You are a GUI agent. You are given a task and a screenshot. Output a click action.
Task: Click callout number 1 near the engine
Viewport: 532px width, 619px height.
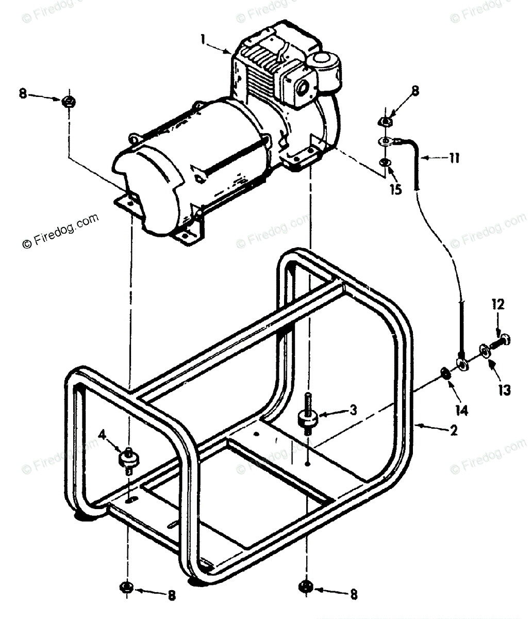[204, 39]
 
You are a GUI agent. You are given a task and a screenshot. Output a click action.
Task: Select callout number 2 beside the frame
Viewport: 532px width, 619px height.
[454, 431]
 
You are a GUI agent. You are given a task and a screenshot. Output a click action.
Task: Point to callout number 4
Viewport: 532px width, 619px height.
[103, 436]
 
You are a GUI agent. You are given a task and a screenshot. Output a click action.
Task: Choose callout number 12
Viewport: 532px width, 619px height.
[498, 305]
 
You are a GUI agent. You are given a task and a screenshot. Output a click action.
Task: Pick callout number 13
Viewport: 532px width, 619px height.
[504, 390]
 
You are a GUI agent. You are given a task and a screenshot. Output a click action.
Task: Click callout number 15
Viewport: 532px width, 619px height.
[396, 189]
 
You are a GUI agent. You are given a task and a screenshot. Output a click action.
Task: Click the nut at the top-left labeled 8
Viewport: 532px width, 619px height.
[69, 101]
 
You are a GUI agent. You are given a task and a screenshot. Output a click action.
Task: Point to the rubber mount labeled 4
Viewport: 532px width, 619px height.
[128, 458]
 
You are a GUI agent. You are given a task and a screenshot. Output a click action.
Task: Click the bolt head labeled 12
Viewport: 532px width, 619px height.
[507, 339]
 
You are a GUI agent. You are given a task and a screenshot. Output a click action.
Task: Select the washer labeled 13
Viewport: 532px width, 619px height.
[486, 350]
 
